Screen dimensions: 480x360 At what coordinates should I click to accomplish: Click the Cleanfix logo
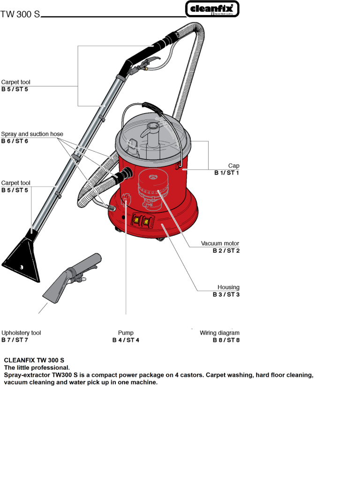(212, 8)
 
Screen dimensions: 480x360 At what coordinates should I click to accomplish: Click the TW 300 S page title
(20, 14)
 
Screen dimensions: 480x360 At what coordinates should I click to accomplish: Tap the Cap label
(233, 166)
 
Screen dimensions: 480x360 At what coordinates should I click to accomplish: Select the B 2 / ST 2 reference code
(226, 251)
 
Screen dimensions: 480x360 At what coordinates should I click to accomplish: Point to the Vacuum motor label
(220, 244)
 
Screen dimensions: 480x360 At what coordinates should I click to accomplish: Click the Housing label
(228, 287)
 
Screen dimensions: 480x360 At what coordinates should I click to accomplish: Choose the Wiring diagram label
(219, 333)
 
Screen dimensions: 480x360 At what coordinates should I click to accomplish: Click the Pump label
(126, 333)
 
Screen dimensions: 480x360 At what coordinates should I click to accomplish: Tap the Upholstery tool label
(21, 333)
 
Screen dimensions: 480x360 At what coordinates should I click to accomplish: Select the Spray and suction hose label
(32, 134)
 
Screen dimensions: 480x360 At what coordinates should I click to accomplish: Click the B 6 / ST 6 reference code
(15, 141)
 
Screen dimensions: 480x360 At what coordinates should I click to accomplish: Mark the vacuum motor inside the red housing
(153, 185)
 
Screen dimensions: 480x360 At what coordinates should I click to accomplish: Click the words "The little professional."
(37, 368)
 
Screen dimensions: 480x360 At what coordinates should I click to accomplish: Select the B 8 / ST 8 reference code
(226, 340)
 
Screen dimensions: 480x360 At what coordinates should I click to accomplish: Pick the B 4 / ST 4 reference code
(126, 340)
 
